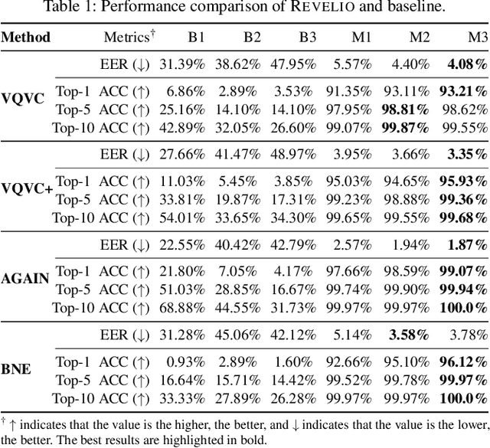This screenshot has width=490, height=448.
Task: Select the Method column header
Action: tap(26, 37)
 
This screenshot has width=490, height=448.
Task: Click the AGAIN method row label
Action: tap(24, 278)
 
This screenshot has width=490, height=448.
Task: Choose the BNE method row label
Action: tap(16, 368)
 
